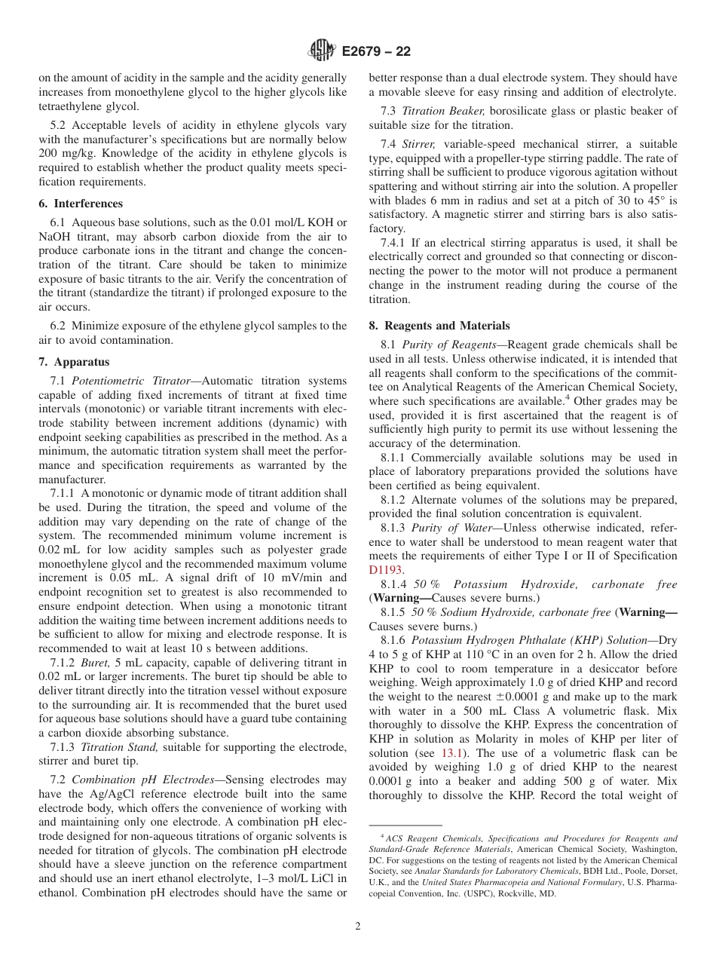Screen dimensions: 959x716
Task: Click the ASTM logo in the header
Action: [x=323, y=51]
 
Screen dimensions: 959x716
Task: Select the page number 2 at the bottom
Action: [x=358, y=927]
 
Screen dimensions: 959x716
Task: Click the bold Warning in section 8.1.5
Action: [x=646, y=612]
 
